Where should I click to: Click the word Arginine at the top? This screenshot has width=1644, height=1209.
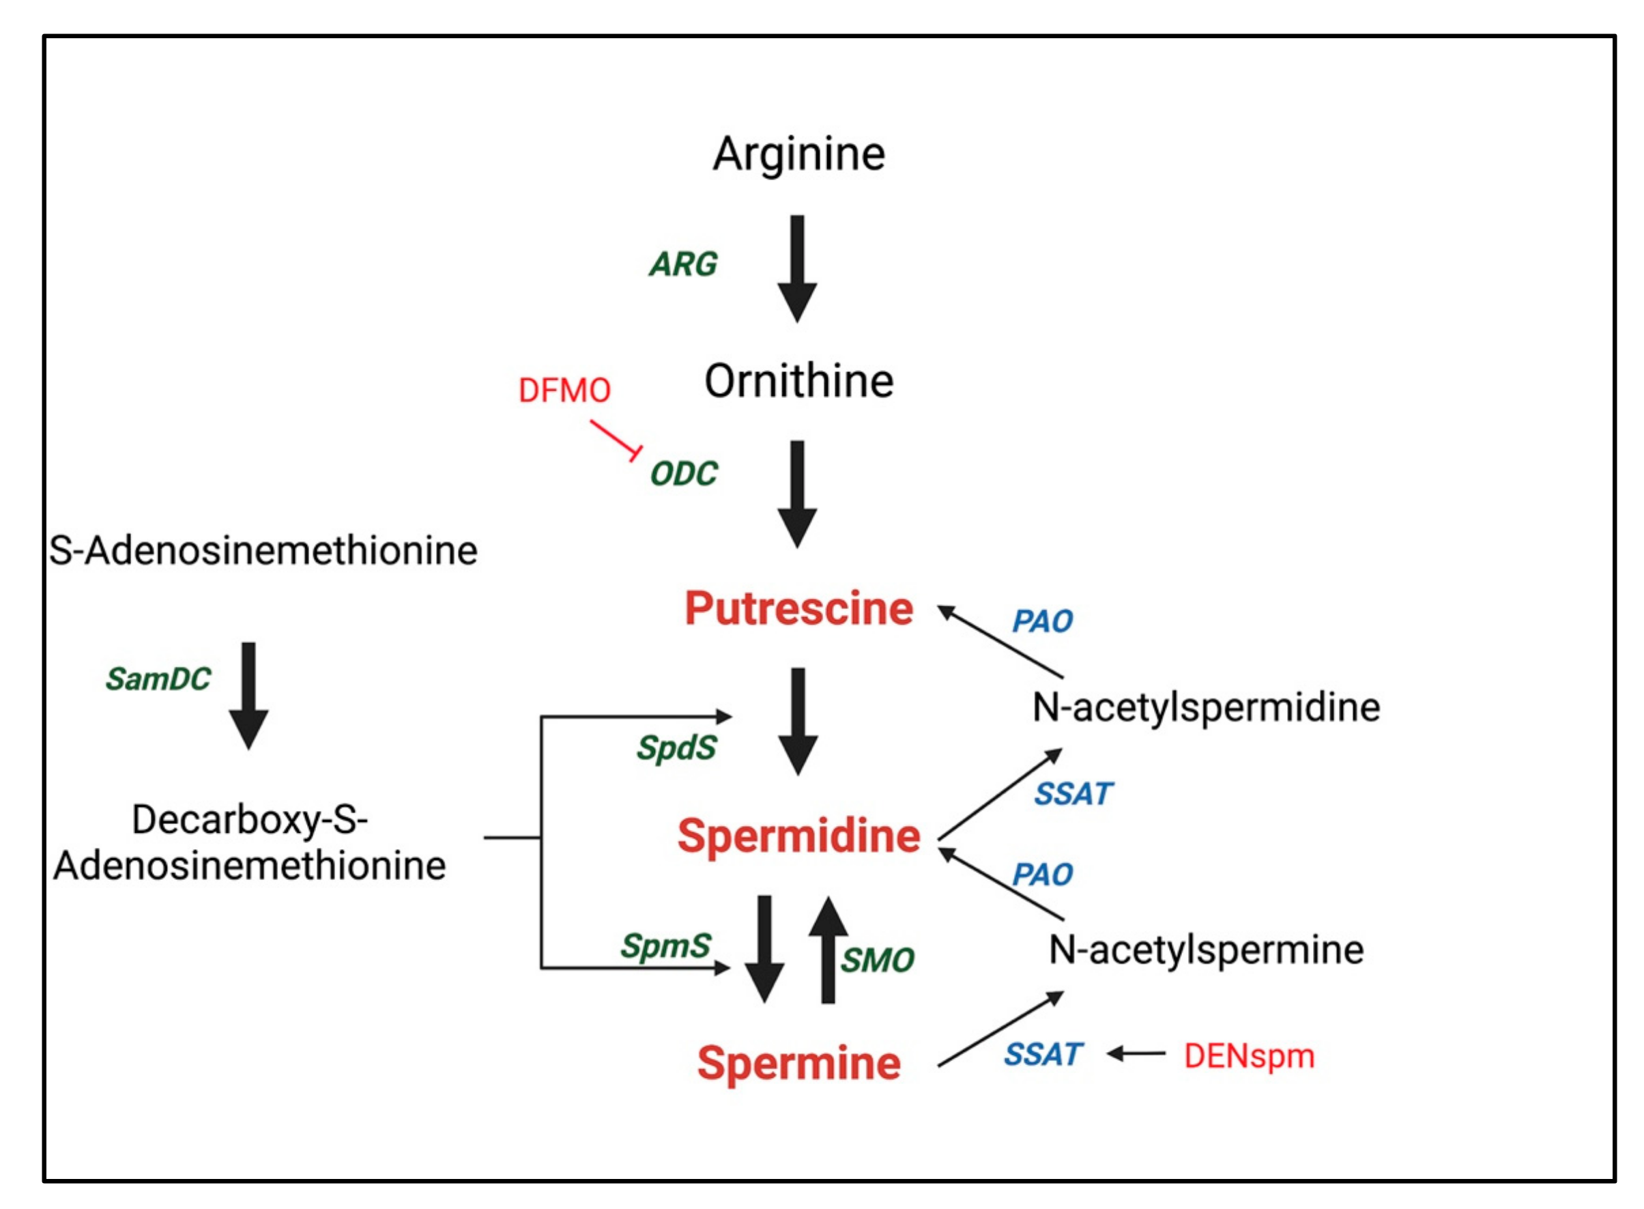[x=798, y=154]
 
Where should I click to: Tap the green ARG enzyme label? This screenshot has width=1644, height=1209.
[x=682, y=264]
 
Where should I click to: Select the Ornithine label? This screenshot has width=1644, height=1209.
[x=798, y=382]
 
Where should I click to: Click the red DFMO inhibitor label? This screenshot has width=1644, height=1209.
[x=564, y=390]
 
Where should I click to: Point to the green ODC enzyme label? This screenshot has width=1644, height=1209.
[x=683, y=474]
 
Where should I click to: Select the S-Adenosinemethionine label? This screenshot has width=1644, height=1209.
[x=263, y=550]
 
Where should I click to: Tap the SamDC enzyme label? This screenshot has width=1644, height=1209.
[x=158, y=679]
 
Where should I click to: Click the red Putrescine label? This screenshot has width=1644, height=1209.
[x=798, y=608]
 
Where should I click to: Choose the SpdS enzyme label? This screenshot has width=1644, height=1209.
[x=676, y=748]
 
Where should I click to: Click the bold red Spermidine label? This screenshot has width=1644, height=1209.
[x=798, y=836]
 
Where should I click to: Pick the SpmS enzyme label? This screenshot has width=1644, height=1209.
[x=665, y=945]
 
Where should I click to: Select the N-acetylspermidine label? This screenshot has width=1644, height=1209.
[x=1205, y=708]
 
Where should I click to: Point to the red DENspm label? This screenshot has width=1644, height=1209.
[x=1248, y=1056]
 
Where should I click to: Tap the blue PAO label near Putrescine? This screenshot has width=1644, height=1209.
[x=1042, y=621]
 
